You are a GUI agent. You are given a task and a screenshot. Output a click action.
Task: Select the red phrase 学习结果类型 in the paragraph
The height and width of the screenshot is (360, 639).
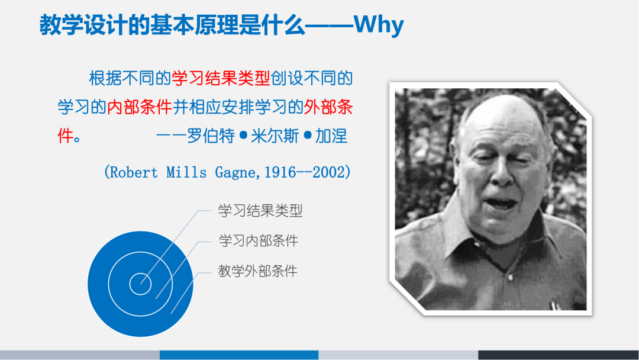pyautogui.click(x=221, y=78)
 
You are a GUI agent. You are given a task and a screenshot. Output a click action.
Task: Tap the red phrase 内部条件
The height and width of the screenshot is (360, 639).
pyautogui.click(x=140, y=107)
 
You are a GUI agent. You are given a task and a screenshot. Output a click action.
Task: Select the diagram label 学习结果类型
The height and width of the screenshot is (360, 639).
pyautogui.click(x=260, y=210)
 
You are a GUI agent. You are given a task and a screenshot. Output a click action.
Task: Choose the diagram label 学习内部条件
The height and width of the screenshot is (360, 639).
pyautogui.click(x=259, y=240)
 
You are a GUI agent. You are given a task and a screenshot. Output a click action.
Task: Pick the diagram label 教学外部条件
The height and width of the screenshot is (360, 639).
pyautogui.click(x=258, y=271)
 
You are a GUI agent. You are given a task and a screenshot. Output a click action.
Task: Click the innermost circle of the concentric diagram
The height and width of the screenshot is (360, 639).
pyautogui.click(x=140, y=283)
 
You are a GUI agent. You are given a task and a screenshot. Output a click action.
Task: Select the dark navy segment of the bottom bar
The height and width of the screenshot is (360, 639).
pyautogui.click(x=558, y=355)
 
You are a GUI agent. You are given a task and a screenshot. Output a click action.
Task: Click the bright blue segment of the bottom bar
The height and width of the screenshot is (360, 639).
pyautogui.click(x=239, y=355)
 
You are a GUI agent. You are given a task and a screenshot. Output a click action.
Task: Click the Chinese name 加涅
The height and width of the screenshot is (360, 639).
pyautogui.click(x=331, y=136)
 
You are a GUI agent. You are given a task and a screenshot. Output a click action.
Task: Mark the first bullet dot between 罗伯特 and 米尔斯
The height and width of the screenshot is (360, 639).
pyautogui.click(x=243, y=136)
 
